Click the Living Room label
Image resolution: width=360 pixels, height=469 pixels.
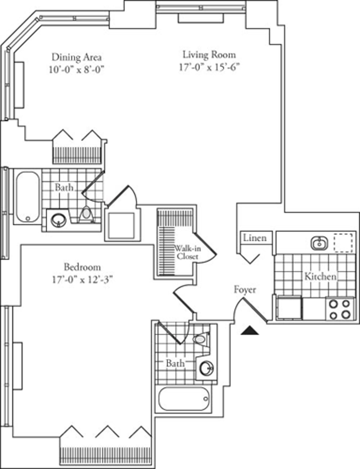click(x=209, y=55)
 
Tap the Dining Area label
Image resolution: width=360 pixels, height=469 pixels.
click(x=76, y=57)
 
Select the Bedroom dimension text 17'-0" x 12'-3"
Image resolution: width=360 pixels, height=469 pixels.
click(x=82, y=280)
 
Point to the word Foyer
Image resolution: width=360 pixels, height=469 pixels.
click(x=245, y=290)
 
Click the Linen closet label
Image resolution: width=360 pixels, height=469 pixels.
click(x=254, y=238)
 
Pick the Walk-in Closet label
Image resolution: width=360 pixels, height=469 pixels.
click(x=187, y=253)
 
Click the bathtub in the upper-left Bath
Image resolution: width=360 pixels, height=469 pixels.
click(x=28, y=197)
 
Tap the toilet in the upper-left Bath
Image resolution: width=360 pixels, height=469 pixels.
click(x=86, y=214)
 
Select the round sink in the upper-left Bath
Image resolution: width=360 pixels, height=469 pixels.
click(x=57, y=220)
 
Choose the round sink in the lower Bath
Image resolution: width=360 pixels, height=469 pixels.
click(x=206, y=368)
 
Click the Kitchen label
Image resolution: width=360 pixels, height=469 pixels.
click(x=320, y=276)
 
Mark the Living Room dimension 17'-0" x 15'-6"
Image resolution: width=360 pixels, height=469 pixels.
click(x=210, y=67)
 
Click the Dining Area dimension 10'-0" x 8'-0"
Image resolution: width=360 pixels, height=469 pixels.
click(x=76, y=70)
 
